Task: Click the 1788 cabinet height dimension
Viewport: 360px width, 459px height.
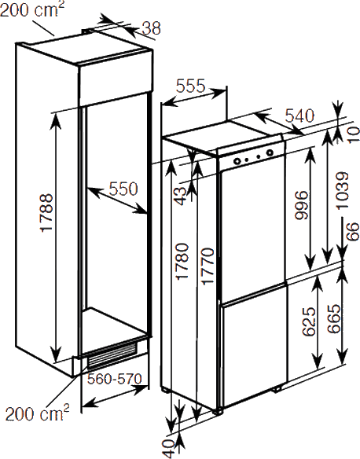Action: tap(47, 212)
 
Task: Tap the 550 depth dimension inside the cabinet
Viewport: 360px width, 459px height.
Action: tap(123, 189)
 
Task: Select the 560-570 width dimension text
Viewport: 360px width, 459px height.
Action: tap(115, 379)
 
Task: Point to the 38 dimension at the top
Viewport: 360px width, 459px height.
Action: tap(152, 28)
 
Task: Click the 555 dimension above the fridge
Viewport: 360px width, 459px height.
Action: tap(190, 86)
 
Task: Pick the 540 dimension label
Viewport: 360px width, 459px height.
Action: tap(299, 116)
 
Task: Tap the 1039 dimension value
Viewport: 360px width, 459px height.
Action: tap(343, 191)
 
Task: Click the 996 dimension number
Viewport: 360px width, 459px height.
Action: tap(302, 205)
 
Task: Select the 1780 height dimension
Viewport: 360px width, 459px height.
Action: tap(182, 261)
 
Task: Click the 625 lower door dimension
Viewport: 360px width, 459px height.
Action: tap(309, 321)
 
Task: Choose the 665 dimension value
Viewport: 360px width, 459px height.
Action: tap(334, 319)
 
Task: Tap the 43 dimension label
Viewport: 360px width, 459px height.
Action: tap(180, 196)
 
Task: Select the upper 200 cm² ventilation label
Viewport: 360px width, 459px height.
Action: tap(32, 9)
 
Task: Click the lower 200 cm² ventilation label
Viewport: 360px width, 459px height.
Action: tap(38, 413)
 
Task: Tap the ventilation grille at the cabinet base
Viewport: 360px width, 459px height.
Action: tap(112, 356)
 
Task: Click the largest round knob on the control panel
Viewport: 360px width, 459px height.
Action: tap(270, 152)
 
